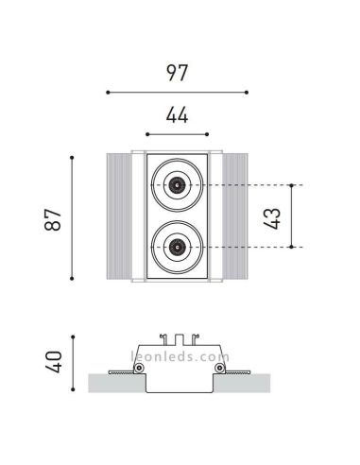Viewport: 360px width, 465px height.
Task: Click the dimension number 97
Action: (177, 72)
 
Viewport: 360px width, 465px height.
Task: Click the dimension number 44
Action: (177, 115)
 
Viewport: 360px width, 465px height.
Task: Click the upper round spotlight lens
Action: (177, 185)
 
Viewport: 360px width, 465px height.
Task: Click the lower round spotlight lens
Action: (177, 248)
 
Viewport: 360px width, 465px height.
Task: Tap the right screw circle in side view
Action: (219, 368)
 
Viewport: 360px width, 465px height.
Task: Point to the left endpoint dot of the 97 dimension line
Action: (108, 93)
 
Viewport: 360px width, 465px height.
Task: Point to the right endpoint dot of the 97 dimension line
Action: (247, 93)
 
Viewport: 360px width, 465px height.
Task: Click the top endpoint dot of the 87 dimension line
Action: (74, 156)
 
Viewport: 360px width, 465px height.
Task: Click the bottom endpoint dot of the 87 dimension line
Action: (74, 279)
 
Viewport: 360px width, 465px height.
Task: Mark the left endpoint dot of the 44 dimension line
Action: (146, 134)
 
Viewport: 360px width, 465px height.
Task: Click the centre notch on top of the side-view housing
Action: (177, 336)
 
